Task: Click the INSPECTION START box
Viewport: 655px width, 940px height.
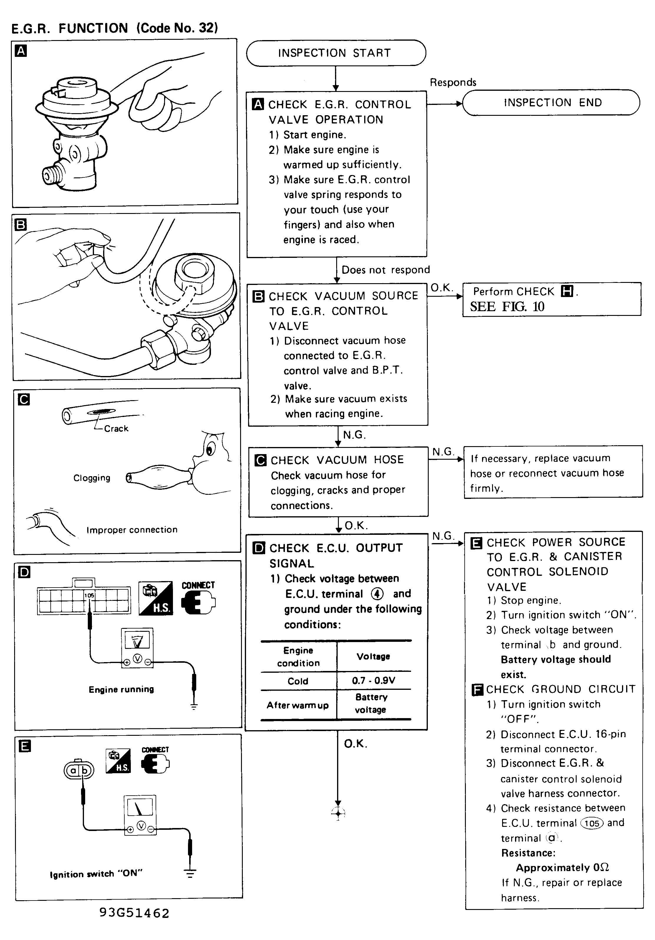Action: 336,53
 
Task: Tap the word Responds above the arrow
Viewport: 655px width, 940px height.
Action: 453,82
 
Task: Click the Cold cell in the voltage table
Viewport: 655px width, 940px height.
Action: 298,681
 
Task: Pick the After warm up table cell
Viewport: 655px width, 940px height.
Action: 298,705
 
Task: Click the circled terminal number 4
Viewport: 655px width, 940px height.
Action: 377,594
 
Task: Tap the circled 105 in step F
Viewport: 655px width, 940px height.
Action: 592,823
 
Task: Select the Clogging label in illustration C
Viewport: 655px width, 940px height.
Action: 92,478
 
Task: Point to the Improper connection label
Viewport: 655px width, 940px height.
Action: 132,530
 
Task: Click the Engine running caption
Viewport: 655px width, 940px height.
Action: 121,690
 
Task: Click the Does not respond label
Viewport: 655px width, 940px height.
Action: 386,270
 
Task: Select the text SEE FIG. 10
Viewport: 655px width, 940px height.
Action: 507,307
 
